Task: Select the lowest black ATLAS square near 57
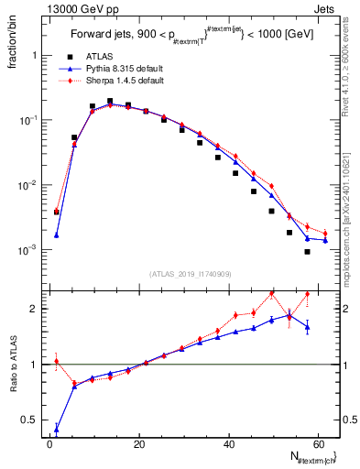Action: pyautogui.click(x=307, y=252)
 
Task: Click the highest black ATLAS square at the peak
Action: pyautogui.click(x=110, y=102)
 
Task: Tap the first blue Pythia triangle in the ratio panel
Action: pyautogui.click(x=57, y=429)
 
